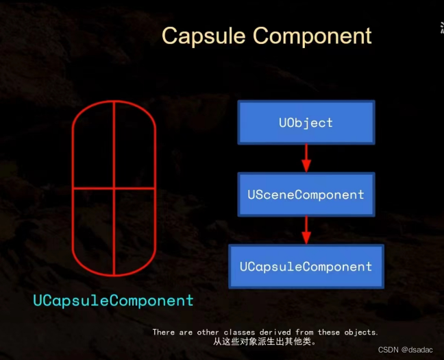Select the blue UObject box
[306, 123]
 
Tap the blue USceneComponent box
[306, 195]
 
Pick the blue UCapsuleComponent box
[306, 267]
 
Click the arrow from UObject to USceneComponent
[306, 159]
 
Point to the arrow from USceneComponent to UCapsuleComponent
[306, 230]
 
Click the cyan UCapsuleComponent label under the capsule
[114, 300]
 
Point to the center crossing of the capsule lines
[114, 187]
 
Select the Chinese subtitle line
[264, 341]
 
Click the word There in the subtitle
[163, 332]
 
